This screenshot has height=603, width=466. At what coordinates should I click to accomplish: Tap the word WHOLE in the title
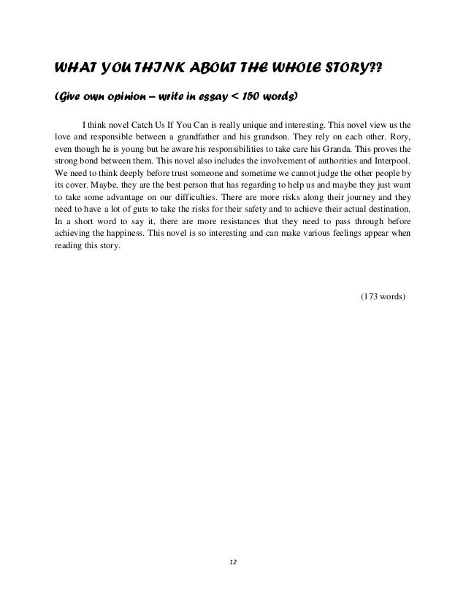point(291,69)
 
